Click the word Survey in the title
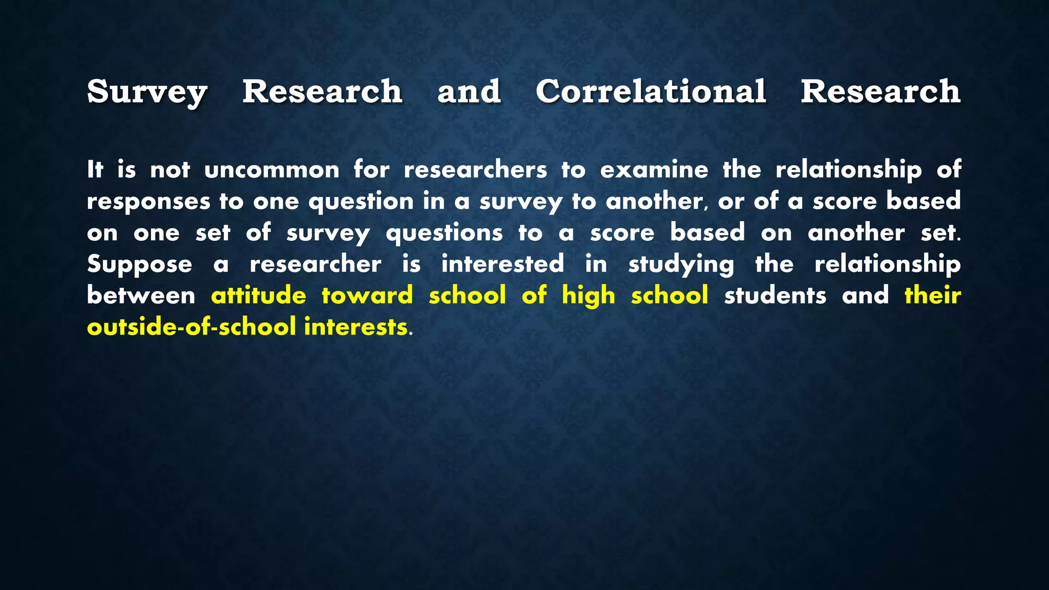(147, 92)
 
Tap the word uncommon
(271, 170)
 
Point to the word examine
(654, 170)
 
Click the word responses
(149, 202)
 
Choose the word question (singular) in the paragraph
(361, 202)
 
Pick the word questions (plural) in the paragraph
(444, 234)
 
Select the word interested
(502, 265)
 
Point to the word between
(141, 296)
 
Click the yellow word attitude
(259, 296)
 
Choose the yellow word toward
(367, 296)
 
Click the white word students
(775, 296)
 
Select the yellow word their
(933, 296)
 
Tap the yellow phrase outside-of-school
(191, 327)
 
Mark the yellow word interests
(355, 327)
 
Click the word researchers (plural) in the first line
(475, 170)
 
